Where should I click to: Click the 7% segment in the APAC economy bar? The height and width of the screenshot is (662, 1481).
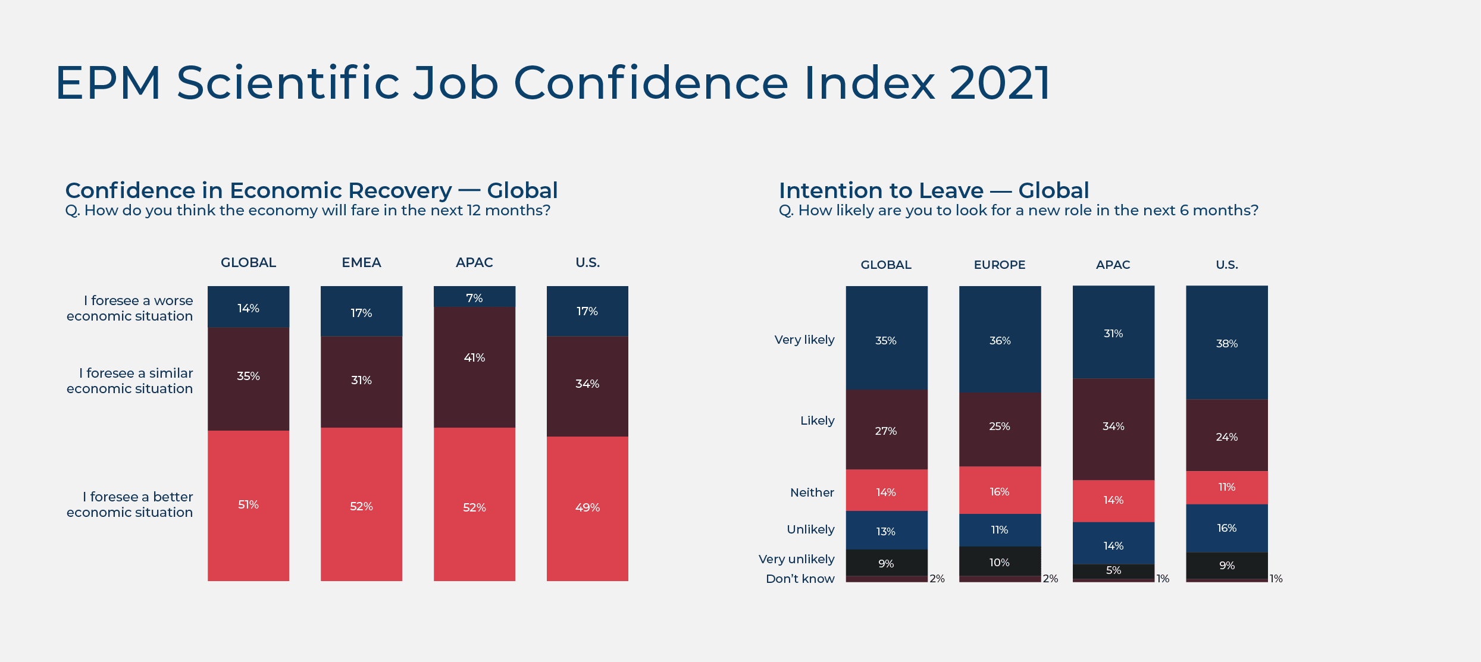474,297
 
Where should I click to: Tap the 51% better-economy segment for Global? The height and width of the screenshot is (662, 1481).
248,505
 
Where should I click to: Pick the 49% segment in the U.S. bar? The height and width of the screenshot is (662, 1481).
587,508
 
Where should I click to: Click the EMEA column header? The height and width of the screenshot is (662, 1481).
361,263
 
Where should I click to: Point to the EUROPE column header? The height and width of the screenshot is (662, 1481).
1000,265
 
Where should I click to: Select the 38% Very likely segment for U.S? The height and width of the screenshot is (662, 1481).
1226,343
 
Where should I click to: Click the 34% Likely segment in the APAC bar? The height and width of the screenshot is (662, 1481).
1113,428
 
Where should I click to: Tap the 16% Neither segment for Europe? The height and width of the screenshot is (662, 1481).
1000,491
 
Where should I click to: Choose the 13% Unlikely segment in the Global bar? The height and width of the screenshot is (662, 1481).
886,531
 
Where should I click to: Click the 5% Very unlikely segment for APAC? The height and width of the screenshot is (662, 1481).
1113,571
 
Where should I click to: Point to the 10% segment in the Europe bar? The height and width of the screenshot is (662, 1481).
1000,561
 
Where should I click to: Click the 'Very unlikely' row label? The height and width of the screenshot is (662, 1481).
796,560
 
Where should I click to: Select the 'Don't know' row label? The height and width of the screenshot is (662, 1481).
800,579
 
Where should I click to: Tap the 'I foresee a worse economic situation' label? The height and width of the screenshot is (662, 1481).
130,309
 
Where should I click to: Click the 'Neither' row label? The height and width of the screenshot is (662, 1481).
812,493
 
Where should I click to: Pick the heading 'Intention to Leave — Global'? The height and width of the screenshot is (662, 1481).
934,191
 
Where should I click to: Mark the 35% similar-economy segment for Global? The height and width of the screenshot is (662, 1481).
248,379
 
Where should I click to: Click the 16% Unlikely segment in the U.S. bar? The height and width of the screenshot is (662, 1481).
1226,528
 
